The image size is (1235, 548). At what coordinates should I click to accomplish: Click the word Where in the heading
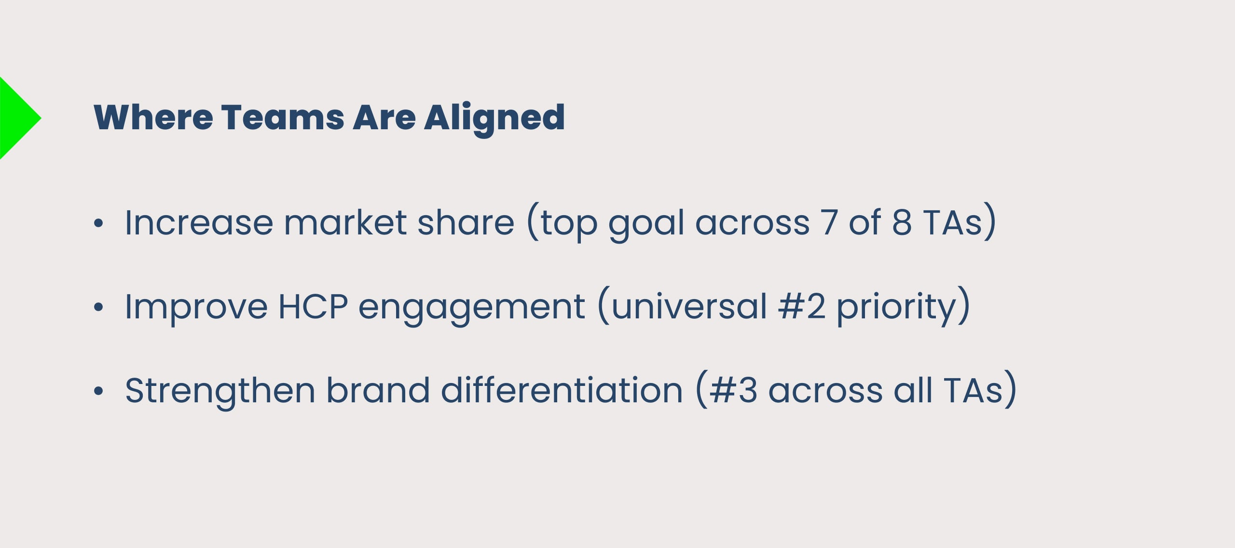pos(153,117)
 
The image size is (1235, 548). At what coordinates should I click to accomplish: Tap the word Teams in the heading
pos(283,117)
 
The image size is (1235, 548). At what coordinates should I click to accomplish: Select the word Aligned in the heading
pos(494,120)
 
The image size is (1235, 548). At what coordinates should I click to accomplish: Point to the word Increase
pos(199,223)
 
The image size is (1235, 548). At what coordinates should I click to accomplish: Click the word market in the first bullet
pos(345,222)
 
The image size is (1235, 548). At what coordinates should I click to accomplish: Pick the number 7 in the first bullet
pos(830,222)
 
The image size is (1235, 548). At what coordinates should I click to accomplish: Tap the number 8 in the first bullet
pos(902,223)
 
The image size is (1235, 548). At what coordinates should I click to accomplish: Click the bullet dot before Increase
pos(98,223)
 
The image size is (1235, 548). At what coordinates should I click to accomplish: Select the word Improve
pos(196,309)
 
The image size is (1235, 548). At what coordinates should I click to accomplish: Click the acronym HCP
pos(313,306)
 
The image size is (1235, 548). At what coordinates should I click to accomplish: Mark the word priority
pos(896,309)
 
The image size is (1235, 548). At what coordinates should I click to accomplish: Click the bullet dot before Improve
pos(98,307)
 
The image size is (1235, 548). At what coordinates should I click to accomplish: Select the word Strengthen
pos(220,392)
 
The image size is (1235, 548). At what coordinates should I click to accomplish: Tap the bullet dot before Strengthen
pos(98,391)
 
